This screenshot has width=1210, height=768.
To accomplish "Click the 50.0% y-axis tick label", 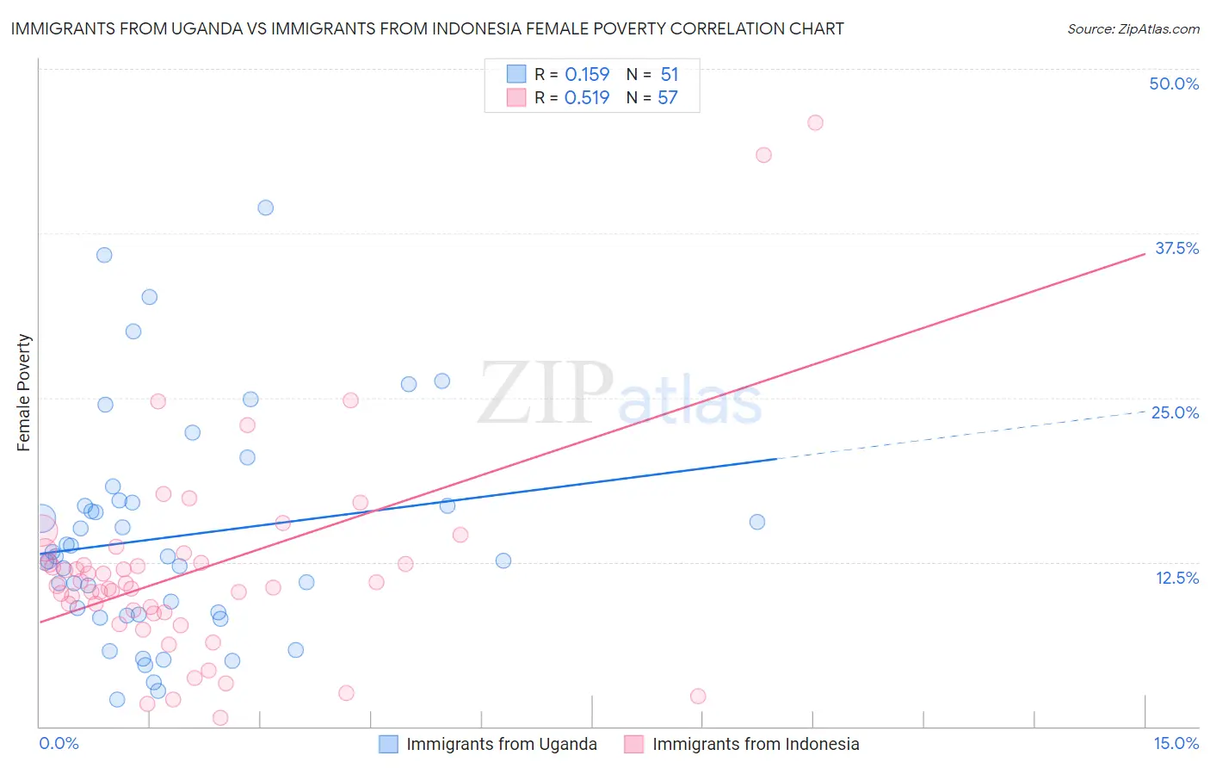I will click(x=1174, y=84).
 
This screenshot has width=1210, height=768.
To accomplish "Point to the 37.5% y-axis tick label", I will click(x=1176, y=248).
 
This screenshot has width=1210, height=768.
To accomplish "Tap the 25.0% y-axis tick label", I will click(x=1175, y=412).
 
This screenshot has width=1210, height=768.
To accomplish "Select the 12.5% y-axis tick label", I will click(x=1176, y=578).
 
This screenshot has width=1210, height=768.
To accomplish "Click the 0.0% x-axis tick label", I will click(x=59, y=743).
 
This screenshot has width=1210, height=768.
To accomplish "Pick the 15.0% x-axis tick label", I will click(x=1176, y=743).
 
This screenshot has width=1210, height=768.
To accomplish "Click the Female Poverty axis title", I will click(x=23, y=393).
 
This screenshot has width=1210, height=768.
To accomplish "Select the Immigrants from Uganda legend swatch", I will click(x=389, y=744).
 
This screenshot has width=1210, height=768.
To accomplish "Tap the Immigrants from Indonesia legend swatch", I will click(x=634, y=744).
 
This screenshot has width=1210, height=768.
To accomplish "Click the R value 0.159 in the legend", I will click(x=587, y=75).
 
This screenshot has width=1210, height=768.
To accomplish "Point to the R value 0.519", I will click(x=587, y=98).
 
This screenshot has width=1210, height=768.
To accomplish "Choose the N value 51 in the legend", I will click(x=669, y=75).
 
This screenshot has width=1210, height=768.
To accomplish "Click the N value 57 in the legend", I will click(x=668, y=98).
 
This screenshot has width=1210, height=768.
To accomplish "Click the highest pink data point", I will click(x=815, y=122).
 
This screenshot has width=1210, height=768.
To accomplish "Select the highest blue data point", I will click(x=266, y=207).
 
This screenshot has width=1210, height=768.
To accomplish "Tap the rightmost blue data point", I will click(x=757, y=522).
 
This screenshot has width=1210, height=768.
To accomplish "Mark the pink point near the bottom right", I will click(x=698, y=696).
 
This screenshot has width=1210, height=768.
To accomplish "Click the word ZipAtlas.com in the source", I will click(x=1158, y=29).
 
